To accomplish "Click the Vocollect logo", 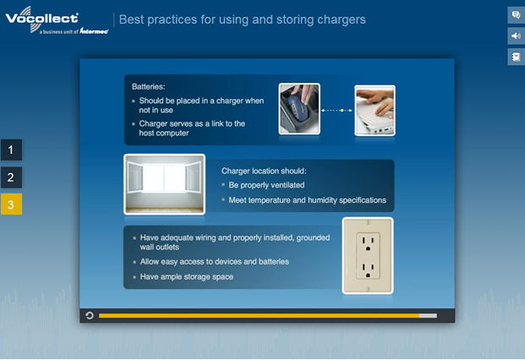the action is (57, 20).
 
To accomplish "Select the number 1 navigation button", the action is (11, 150).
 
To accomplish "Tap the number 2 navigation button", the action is (11, 177).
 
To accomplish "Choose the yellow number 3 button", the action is (11, 205).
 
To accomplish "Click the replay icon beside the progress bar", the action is (90, 315).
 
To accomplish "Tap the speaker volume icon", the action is (516, 35).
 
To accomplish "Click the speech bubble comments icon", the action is (516, 14).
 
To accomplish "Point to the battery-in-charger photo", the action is (299, 109).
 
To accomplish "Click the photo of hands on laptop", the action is (375, 111).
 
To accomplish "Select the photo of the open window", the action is (164, 184).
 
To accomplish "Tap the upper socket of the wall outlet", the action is (368, 242).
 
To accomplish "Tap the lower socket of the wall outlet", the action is (368, 270).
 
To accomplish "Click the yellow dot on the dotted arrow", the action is (342, 111).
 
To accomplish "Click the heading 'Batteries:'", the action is (148, 87).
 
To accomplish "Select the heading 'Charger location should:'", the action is (264, 171).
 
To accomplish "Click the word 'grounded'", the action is (313, 237).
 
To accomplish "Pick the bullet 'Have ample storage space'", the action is (187, 276).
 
